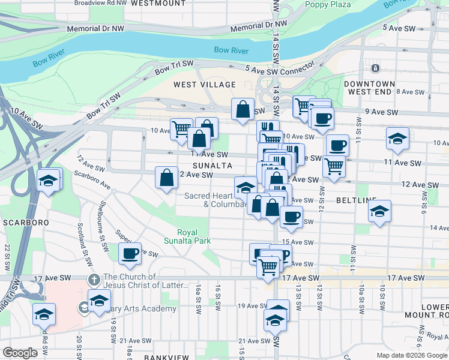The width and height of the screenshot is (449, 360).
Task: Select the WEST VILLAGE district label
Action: click(x=205, y=85)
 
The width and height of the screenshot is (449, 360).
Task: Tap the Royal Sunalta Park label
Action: click(x=193, y=236)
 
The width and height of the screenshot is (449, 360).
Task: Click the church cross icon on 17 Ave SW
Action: click(x=93, y=280)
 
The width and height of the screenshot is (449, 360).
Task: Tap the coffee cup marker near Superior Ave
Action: click(x=130, y=253)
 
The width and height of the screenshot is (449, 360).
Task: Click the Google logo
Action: click(x=20, y=353)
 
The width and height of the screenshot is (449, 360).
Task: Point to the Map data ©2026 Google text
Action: click(x=412, y=355)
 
